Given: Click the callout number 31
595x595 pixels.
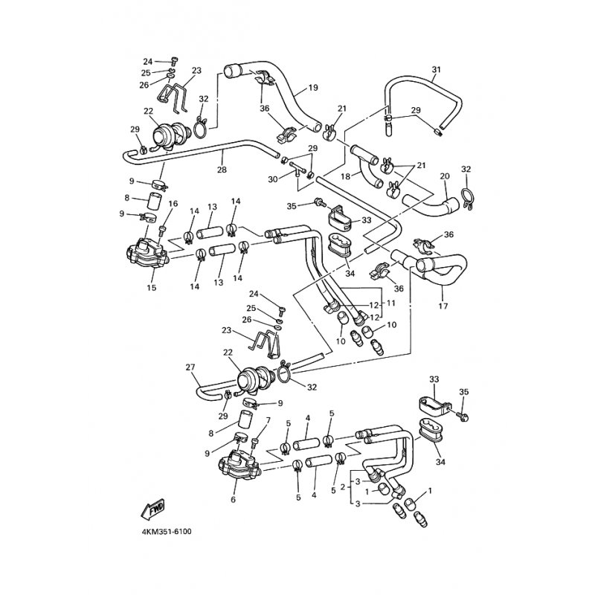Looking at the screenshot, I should click(436, 70).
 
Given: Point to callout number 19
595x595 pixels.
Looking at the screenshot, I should click(312, 89).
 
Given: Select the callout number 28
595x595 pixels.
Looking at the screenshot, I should click(222, 170).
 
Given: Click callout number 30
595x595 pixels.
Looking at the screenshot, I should click(273, 178).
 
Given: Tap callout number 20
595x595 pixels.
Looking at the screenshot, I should click(445, 176).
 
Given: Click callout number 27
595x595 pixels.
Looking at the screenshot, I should click(189, 367).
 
